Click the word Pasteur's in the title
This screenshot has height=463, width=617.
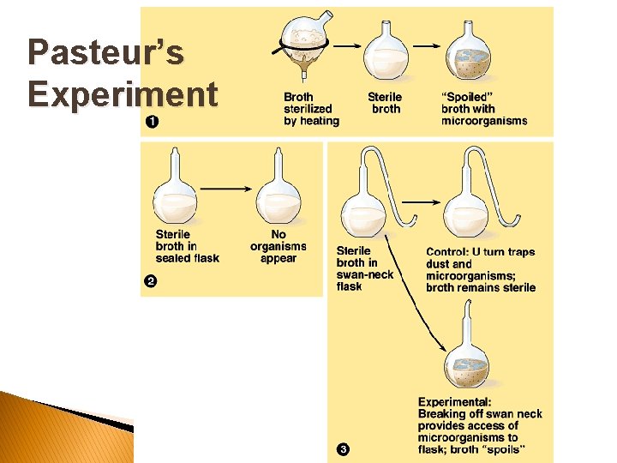(x=105, y=52)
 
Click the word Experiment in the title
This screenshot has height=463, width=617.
(x=122, y=93)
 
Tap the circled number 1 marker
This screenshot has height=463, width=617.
(x=152, y=121)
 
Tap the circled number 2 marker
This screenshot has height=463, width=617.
(x=151, y=282)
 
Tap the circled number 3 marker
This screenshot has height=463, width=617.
(x=343, y=448)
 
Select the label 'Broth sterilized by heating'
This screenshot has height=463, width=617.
(x=311, y=109)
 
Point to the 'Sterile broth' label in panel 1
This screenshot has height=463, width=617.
(x=385, y=103)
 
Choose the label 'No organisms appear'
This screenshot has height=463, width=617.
(x=279, y=246)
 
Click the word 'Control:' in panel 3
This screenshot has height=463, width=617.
(x=446, y=252)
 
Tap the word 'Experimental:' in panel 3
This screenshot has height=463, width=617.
(x=454, y=402)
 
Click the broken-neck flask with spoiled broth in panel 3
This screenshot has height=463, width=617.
(x=467, y=360)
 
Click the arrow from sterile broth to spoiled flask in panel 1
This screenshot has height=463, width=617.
(x=425, y=46)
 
